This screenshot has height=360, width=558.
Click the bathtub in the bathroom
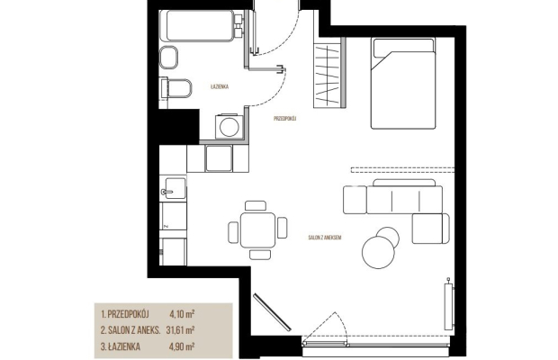(x=199, y=25)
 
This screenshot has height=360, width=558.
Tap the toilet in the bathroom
(x=176, y=88)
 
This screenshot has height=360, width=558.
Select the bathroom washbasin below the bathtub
(x=168, y=58)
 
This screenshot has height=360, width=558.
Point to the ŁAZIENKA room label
(x=220, y=86)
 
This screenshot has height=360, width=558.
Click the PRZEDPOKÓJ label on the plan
(x=285, y=119)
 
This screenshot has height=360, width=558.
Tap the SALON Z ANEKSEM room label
(x=325, y=238)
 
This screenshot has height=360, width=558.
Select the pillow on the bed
(x=403, y=48)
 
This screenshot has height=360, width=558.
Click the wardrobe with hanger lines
(x=328, y=72)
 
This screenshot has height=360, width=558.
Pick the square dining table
(x=257, y=229)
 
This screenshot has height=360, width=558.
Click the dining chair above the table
(x=256, y=205)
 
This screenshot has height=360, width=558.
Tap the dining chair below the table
(x=260, y=254)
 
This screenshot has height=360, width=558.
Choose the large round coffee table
(x=379, y=252)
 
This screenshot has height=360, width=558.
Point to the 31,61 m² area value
(x=180, y=329)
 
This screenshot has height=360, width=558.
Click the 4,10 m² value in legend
(x=182, y=314)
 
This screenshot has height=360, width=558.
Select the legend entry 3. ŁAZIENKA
(x=121, y=346)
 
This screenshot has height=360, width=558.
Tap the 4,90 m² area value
(x=182, y=346)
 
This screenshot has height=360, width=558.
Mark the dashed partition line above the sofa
(x=402, y=170)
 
